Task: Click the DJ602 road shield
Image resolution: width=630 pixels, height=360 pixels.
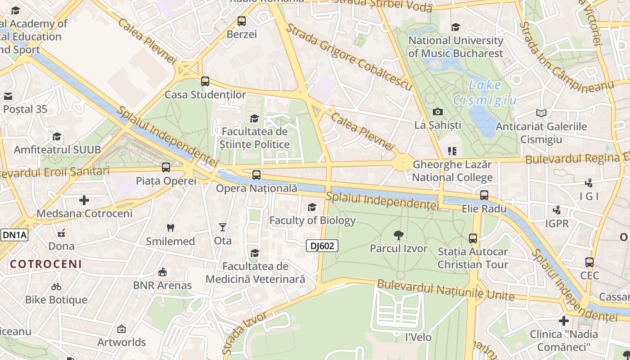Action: click(x=322, y=246)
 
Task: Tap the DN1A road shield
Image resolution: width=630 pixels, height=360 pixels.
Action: click(x=14, y=235)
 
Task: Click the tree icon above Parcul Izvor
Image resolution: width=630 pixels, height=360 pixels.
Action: click(x=398, y=235)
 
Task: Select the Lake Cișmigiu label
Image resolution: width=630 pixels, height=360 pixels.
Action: click(x=485, y=92)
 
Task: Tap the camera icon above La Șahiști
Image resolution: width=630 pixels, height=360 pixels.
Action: click(x=437, y=112)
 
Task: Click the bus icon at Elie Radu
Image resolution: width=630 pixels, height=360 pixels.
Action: click(x=484, y=195)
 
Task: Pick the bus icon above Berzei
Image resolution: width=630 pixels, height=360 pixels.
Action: click(x=242, y=21)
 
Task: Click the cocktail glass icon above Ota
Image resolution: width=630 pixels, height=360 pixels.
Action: click(x=222, y=227)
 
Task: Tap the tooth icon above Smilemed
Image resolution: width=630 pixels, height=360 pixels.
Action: click(x=170, y=228)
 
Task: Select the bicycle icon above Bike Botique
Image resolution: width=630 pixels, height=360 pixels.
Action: click(x=56, y=286)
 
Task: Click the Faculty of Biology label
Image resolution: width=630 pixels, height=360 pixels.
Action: click(x=312, y=220)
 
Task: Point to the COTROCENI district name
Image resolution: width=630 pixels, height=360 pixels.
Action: click(x=46, y=264)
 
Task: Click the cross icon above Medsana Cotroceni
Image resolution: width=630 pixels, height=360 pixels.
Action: click(x=84, y=200)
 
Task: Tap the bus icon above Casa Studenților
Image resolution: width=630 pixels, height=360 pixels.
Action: click(x=205, y=81)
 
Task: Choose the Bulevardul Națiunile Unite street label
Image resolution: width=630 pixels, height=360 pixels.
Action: click(x=445, y=290)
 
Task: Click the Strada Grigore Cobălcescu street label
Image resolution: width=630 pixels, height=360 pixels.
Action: click(x=349, y=56)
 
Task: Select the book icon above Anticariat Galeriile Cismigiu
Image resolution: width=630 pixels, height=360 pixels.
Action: click(x=541, y=113)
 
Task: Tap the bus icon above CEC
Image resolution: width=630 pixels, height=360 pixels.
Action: click(x=589, y=262)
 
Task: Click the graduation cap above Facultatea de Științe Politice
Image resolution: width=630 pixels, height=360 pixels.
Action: click(x=254, y=118)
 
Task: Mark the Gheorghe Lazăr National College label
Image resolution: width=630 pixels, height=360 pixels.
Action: click(x=452, y=171)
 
